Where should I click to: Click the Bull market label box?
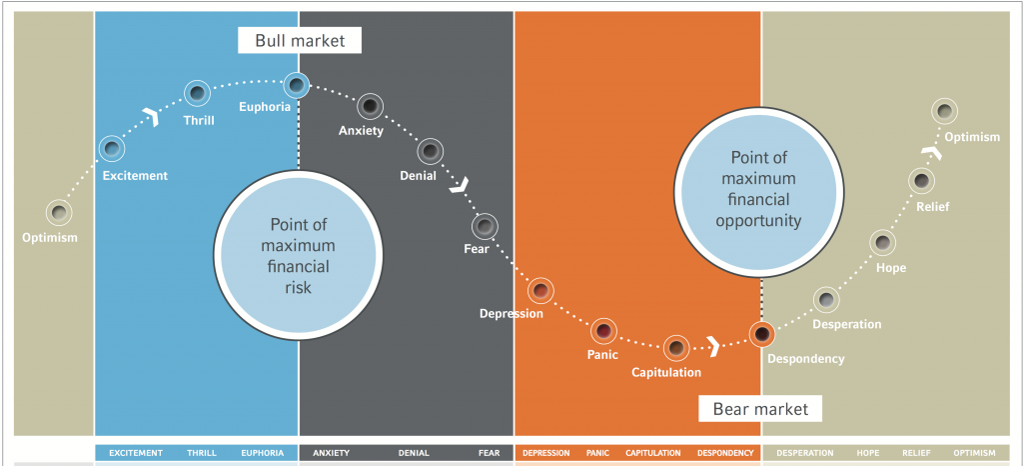click(x=300, y=41)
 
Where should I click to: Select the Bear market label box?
click(x=760, y=409)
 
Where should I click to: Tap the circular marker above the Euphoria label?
click(x=296, y=85)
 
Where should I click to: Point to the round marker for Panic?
click(x=603, y=331)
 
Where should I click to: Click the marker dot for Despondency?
click(x=761, y=334)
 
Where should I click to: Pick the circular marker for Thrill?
click(x=197, y=93)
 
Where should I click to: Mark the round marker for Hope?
click(x=883, y=243)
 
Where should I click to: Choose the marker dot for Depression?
click(x=540, y=290)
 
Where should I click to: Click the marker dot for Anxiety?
click(x=371, y=106)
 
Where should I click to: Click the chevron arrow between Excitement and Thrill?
click(x=153, y=117)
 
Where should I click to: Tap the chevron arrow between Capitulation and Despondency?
click(x=713, y=347)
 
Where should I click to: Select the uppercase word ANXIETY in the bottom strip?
click(x=332, y=453)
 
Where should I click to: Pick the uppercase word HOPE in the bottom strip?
click(x=868, y=453)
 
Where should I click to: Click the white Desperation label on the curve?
click(x=847, y=324)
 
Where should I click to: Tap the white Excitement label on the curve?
click(x=135, y=176)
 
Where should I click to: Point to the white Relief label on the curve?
click(x=933, y=208)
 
